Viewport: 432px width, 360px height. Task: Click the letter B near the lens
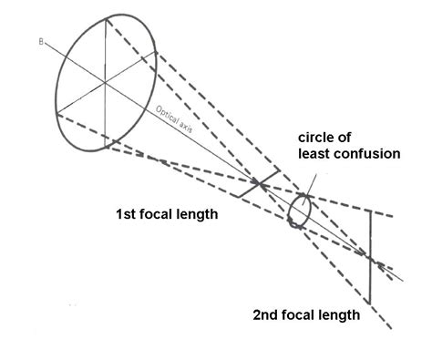point(42,41)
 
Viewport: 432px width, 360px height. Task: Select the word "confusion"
point(365,153)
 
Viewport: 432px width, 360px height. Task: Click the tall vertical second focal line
point(368,255)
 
